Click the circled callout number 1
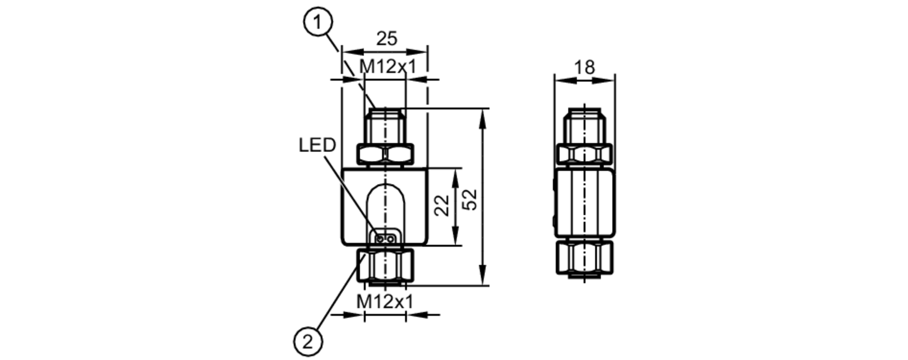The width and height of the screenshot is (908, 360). tap(318, 22)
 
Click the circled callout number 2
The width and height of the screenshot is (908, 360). tap(309, 341)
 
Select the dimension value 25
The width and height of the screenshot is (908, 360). tap(387, 39)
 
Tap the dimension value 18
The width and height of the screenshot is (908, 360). tap(584, 68)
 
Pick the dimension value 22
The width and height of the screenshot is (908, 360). tap(442, 206)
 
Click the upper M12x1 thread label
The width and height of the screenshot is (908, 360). tap(387, 67)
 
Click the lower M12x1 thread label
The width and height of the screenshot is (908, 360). tap(385, 301)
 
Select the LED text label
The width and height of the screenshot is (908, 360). tap(317, 145)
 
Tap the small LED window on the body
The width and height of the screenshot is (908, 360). tap(385, 237)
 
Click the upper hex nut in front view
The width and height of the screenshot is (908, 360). tap(385, 154)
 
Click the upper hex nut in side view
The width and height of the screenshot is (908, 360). tap(584, 154)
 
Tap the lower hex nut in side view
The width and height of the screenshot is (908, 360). tap(584, 258)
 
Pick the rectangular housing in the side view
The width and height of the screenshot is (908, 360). tap(584, 203)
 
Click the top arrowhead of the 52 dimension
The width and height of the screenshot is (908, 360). tap(482, 115)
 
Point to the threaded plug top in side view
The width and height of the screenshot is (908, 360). tap(584, 126)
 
